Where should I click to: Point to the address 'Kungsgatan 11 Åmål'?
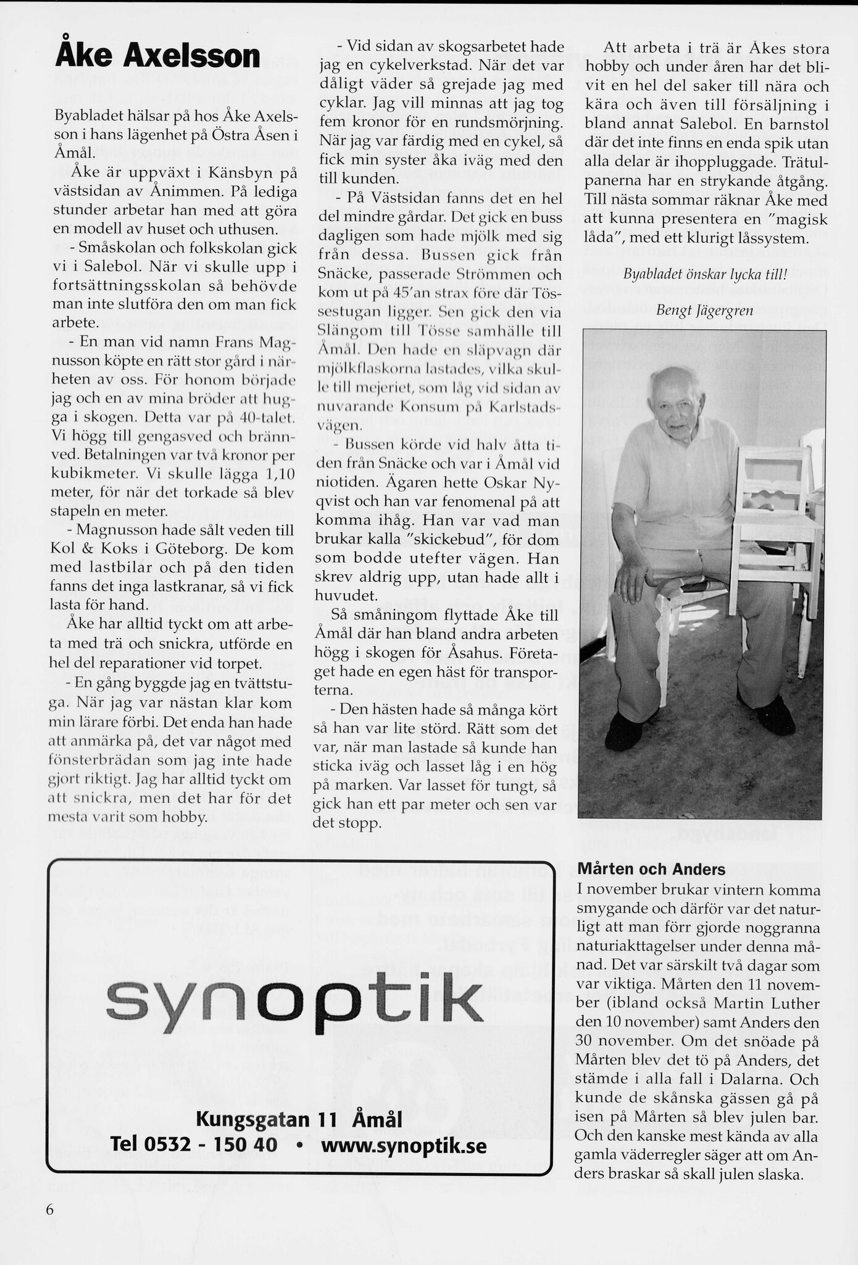tap(299, 1119)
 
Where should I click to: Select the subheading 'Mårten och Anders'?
tap(651, 869)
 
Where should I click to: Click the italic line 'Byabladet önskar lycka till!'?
tap(706, 274)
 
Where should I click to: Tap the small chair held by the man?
tap(777, 513)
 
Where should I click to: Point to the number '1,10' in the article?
tap(278, 474)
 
